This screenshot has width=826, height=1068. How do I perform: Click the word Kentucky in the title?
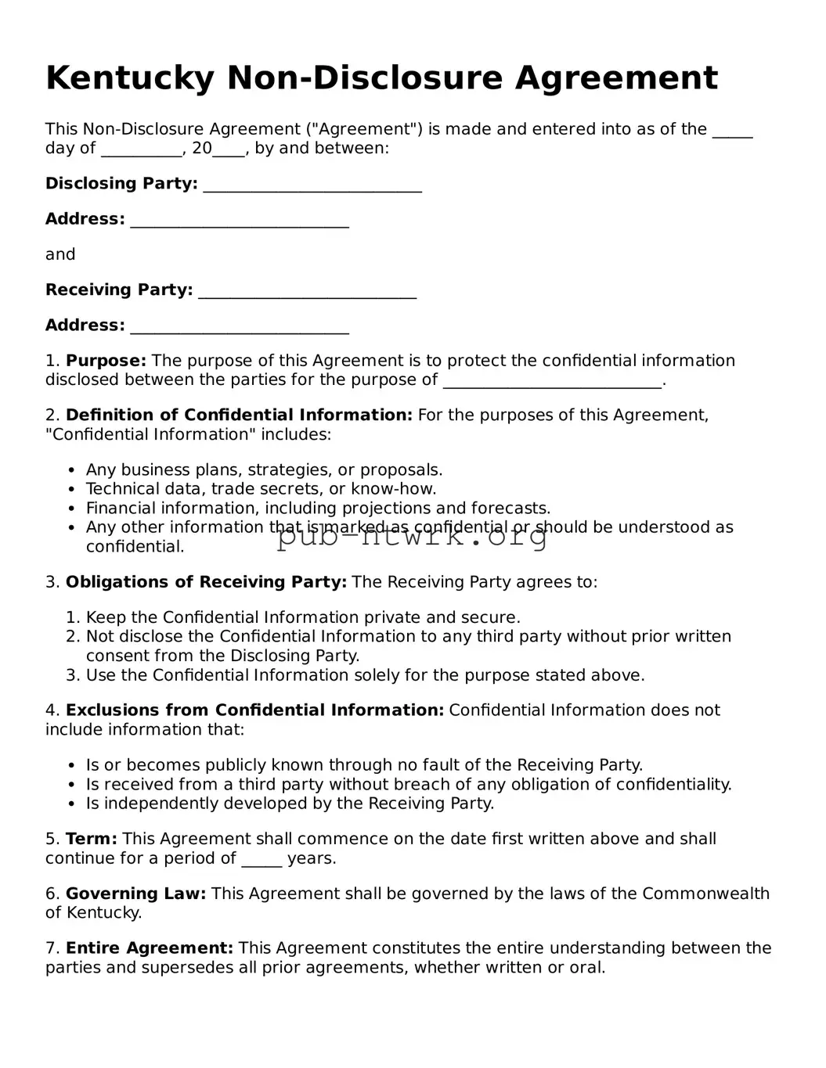click(129, 78)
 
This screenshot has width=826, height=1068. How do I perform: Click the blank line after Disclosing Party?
click(312, 186)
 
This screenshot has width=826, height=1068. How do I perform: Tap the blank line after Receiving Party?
click(307, 293)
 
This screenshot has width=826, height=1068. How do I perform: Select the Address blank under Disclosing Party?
click(240, 221)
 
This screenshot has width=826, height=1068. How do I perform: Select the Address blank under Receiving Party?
click(240, 328)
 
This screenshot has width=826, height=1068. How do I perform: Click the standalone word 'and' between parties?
click(60, 254)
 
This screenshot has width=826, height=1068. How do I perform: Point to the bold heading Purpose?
click(106, 361)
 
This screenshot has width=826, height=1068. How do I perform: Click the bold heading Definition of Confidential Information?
click(239, 415)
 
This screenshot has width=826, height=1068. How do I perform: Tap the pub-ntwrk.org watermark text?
click(413, 537)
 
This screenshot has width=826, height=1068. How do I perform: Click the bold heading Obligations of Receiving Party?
click(206, 582)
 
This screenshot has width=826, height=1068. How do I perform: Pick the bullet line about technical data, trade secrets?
click(261, 489)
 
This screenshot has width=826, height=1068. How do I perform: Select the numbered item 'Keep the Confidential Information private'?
click(302, 617)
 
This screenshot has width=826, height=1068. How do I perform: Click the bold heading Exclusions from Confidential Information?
click(254, 710)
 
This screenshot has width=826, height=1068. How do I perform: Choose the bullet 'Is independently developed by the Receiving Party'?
click(290, 804)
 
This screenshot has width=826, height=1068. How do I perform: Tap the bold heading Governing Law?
click(135, 894)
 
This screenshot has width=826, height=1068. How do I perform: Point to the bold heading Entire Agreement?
click(149, 948)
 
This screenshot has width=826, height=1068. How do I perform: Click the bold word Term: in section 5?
click(92, 839)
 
